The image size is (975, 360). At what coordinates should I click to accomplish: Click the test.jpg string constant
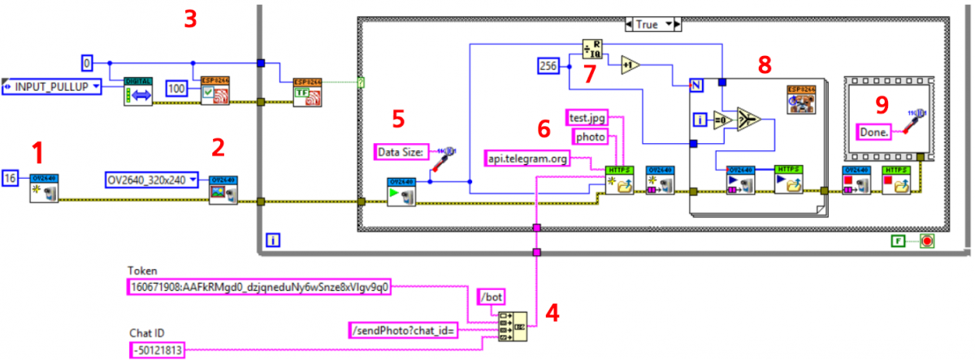coord(586,119)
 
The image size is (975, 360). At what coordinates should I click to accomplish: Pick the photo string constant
coord(591,137)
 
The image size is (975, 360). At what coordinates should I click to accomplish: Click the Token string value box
coord(260,286)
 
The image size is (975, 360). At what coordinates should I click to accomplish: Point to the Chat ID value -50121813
coord(159,350)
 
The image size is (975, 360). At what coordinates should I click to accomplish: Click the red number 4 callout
coord(551,312)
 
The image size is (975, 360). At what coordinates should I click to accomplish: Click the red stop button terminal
coord(927,241)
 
